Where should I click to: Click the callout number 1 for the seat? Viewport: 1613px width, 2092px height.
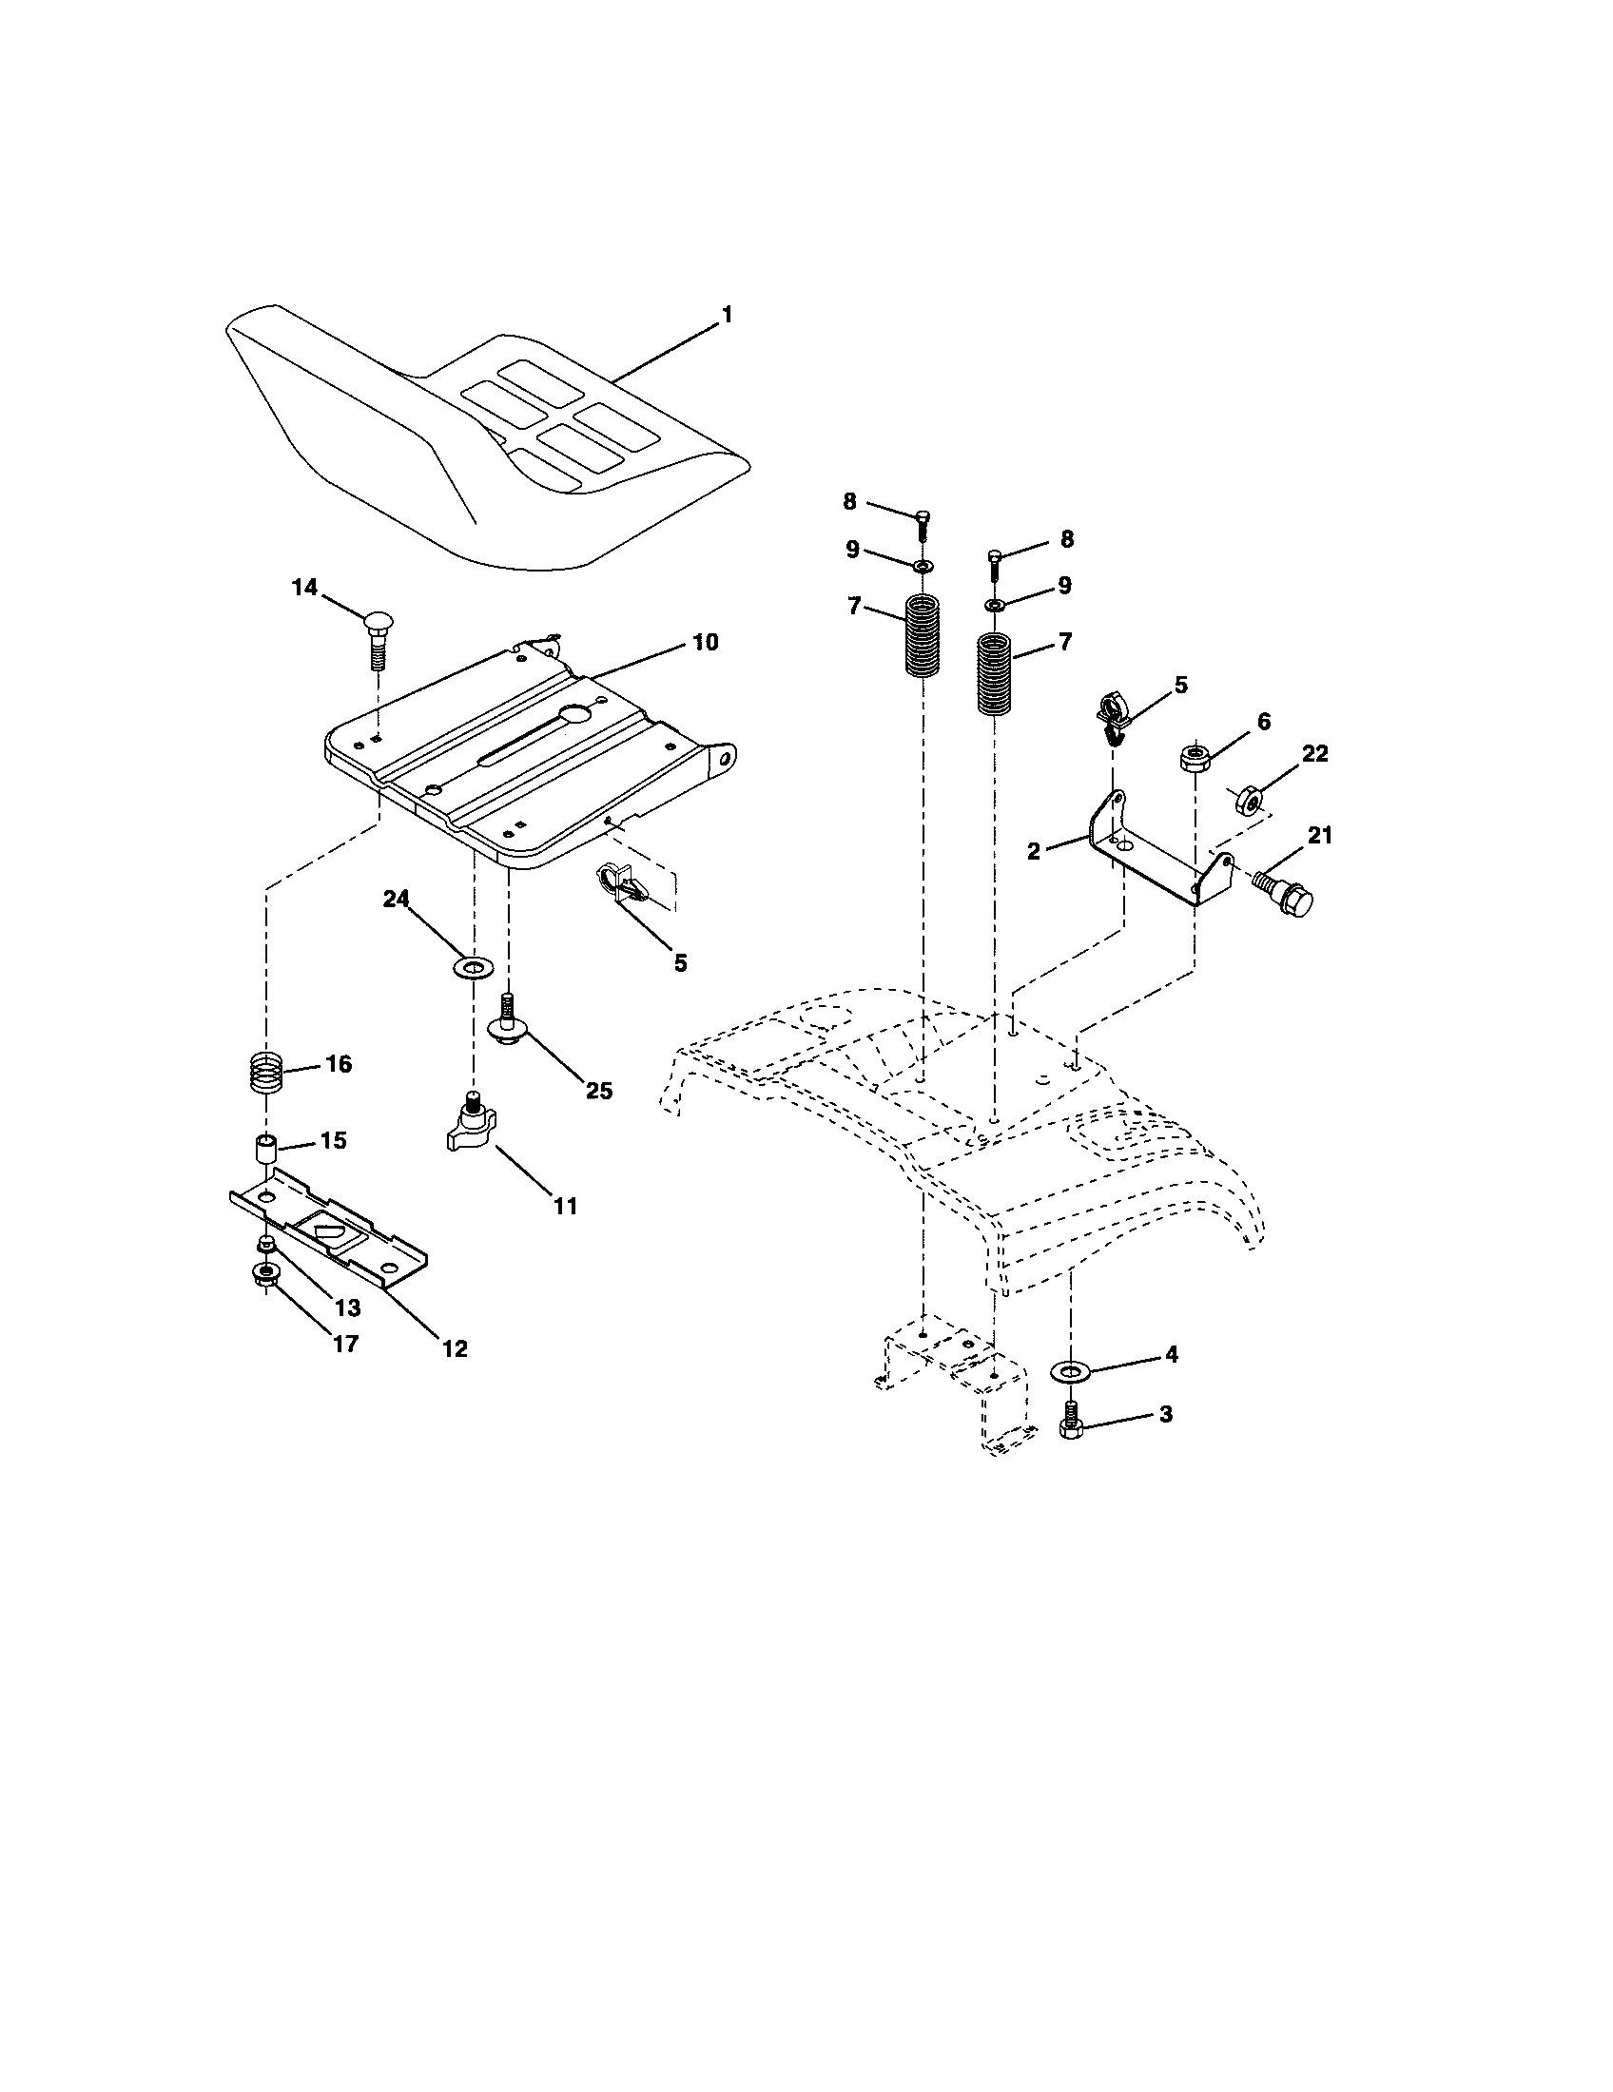pos(727,314)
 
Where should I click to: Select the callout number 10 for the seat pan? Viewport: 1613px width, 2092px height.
pos(705,643)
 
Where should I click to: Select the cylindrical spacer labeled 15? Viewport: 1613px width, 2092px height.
pos(266,1148)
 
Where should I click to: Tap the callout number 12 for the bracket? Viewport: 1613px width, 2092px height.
pos(455,1348)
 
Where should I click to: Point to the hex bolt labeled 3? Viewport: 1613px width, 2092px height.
pos(1070,1421)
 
